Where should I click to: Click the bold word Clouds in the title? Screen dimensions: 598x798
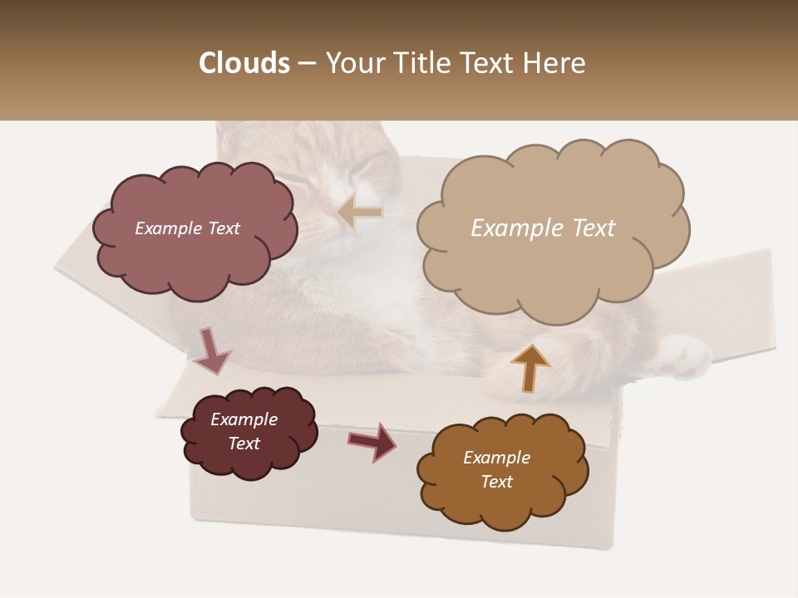pyautogui.click(x=244, y=63)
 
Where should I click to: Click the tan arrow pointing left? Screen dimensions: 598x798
pyautogui.click(x=359, y=213)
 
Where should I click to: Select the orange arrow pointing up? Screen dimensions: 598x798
pyautogui.click(x=530, y=366)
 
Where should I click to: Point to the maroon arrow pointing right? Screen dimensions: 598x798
pyautogui.click(x=372, y=440)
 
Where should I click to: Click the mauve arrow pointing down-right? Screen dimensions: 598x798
pyautogui.click(x=212, y=350)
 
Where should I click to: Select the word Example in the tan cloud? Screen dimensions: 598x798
pyautogui.click(x=510, y=228)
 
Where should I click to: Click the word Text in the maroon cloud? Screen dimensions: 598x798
pyautogui.click(x=244, y=444)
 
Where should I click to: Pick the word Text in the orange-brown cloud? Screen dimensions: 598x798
pyautogui.click(x=496, y=482)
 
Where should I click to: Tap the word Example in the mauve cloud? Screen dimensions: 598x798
pyautogui.click(x=167, y=228)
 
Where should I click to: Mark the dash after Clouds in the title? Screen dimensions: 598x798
pyautogui.click(x=306, y=64)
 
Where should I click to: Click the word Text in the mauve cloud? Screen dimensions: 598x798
pyautogui.click(x=222, y=228)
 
